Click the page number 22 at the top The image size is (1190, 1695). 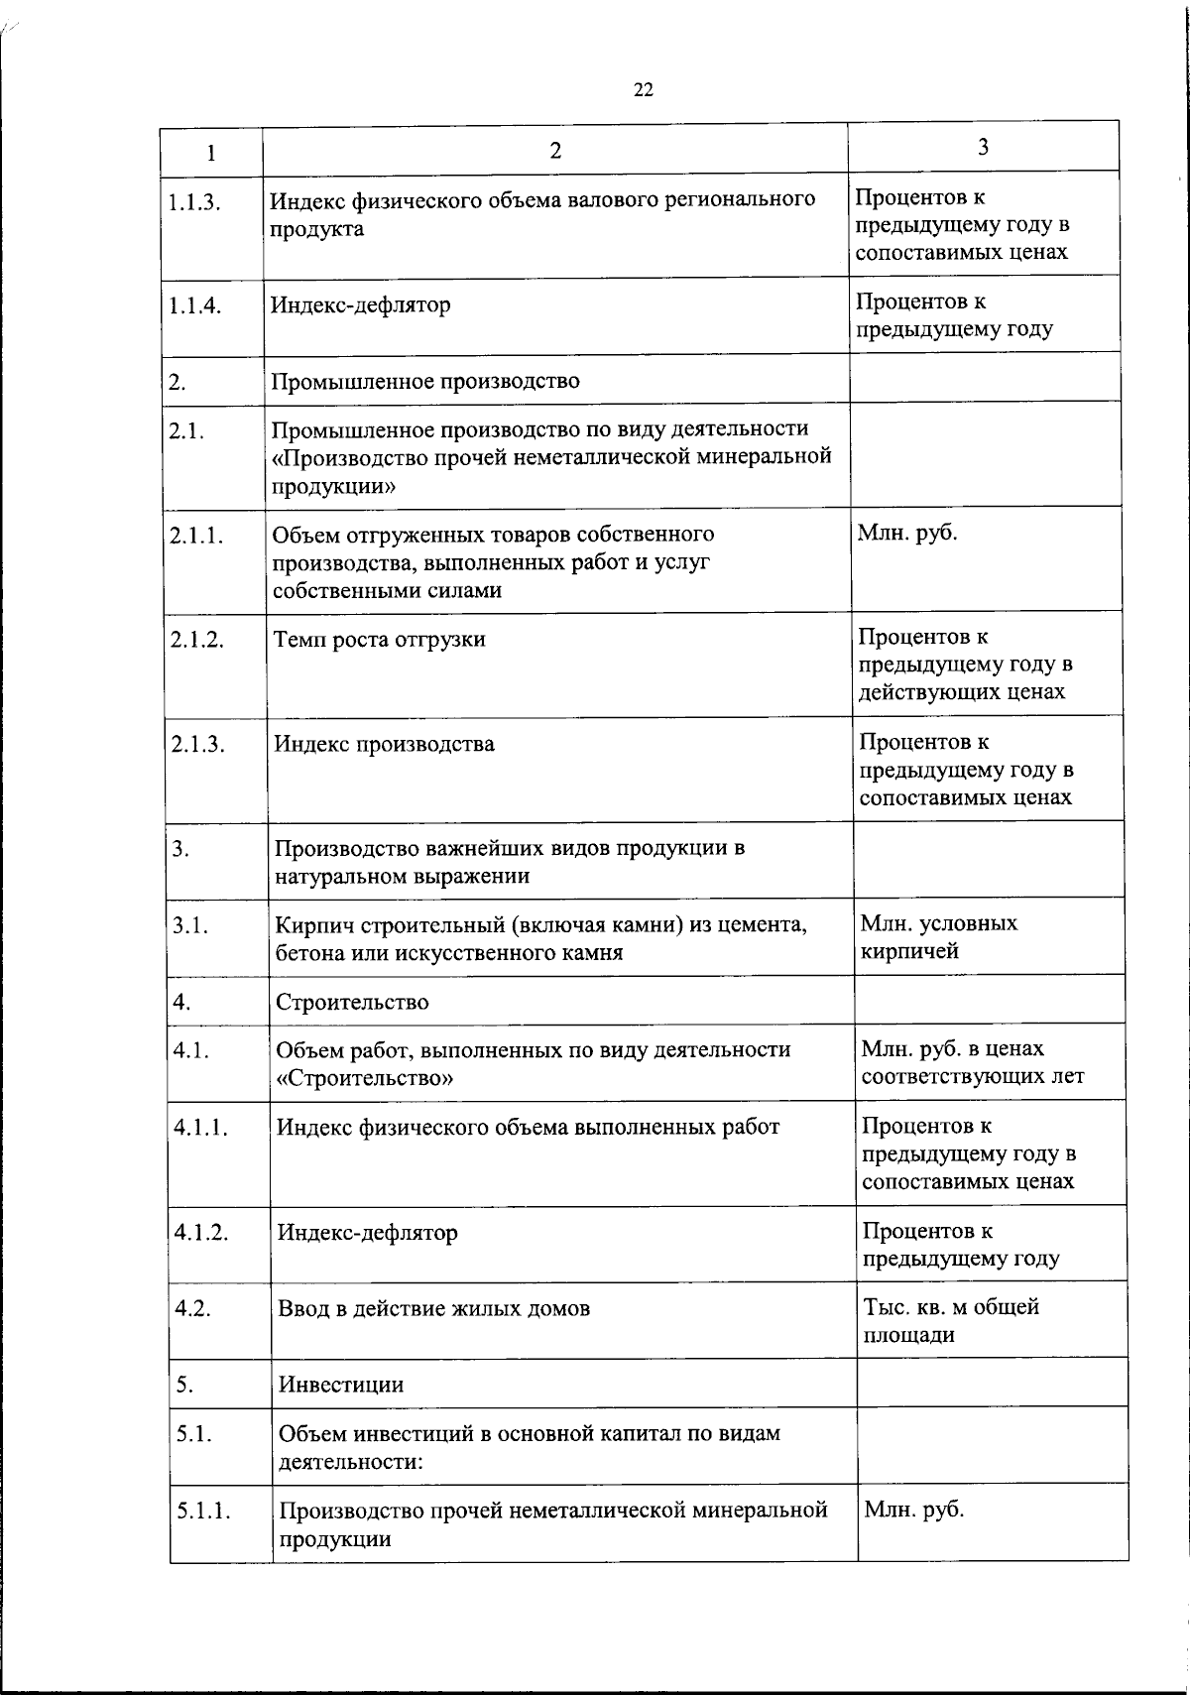click(x=643, y=90)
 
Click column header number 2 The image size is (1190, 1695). click(x=555, y=151)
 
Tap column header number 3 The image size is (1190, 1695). click(x=983, y=148)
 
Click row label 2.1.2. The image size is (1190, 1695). click(x=196, y=640)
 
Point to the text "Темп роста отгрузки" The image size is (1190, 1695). click(x=380, y=640)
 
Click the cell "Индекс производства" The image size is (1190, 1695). click(x=384, y=745)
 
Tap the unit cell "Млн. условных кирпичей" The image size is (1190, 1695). click(x=937, y=937)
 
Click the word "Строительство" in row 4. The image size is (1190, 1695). click(x=352, y=1002)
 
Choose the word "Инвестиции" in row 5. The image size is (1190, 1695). click(x=341, y=1385)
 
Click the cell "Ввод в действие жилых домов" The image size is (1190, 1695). click(x=434, y=1309)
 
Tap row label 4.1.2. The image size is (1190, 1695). click(x=201, y=1232)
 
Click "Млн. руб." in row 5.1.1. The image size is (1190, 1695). click(x=913, y=1511)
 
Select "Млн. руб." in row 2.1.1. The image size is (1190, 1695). click(x=907, y=534)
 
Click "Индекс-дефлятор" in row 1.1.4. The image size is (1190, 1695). click(x=361, y=305)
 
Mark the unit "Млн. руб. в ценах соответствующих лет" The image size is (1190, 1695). click(x=971, y=1062)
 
